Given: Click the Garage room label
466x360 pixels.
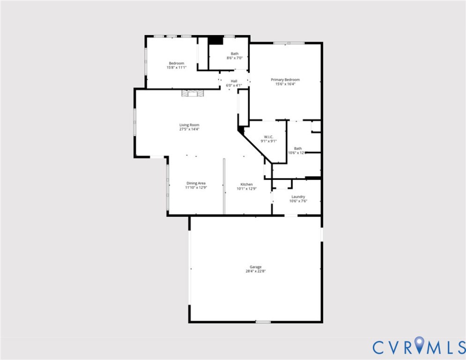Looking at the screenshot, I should (x=255, y=267).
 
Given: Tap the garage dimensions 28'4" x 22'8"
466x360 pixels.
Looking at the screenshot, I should (x=255, y=271).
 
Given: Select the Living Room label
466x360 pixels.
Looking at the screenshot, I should (x=189, y=125).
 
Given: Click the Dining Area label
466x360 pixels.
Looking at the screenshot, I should (x=196, y=183).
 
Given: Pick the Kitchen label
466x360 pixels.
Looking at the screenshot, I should (x=247, y=184).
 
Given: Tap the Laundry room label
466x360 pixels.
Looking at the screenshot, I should (x=298, y=197).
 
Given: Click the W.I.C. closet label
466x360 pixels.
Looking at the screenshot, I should (x=268, y=137).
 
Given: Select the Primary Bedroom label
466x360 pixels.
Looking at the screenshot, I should (x=285, y=80).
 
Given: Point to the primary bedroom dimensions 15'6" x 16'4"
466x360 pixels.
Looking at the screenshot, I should (x=285, y=84).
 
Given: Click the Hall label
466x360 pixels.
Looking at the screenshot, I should (x=234, y=81).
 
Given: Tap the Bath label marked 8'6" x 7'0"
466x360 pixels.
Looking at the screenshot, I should (x=234, y=54).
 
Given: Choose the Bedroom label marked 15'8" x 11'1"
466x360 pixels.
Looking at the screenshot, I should (x=177, y=63).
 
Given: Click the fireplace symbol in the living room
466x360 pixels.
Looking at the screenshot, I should (x=193, y=93).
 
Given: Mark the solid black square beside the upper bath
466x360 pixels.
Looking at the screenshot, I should (x=215, y=40).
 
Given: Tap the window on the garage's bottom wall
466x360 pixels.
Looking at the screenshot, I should (x=263, y=322).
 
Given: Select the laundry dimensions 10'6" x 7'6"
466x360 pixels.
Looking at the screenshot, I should (x=298, y=201).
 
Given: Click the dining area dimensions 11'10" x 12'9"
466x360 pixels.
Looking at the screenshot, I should (x=196, y=187).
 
